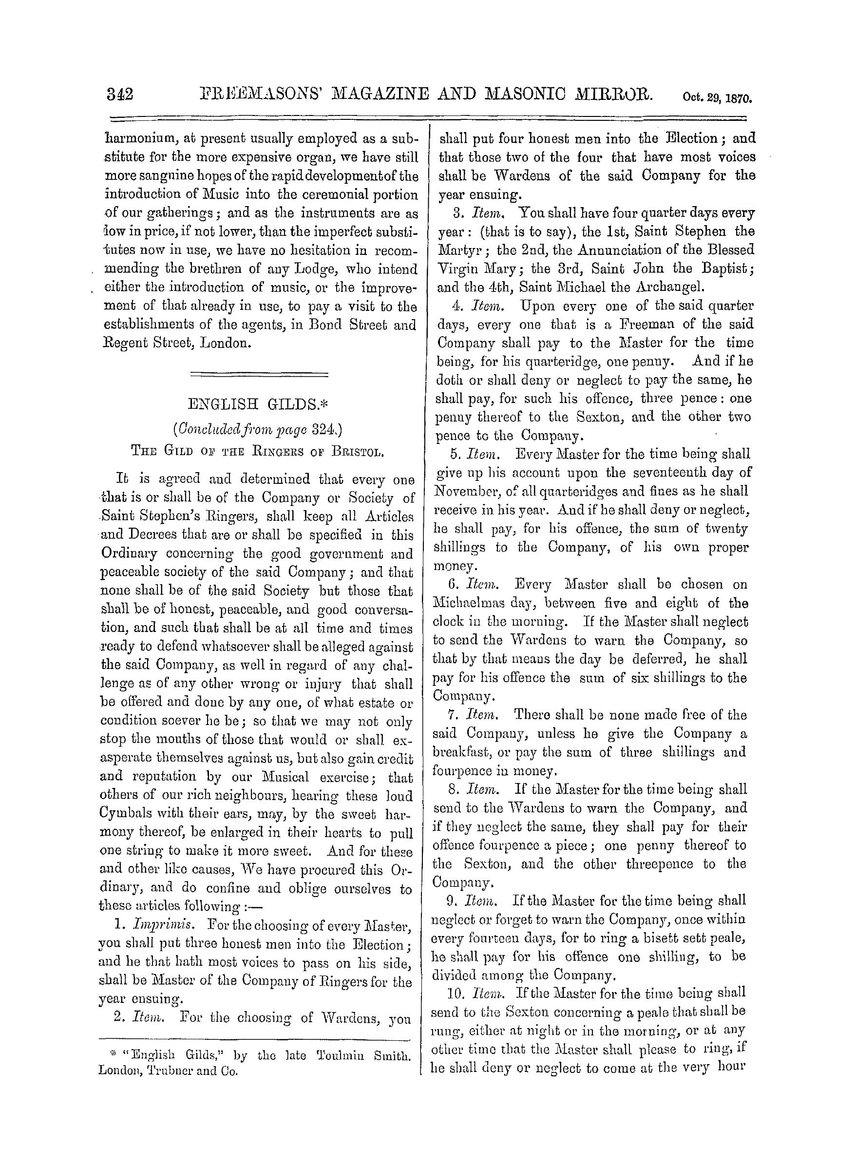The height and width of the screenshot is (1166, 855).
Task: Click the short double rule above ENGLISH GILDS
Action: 259,373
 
